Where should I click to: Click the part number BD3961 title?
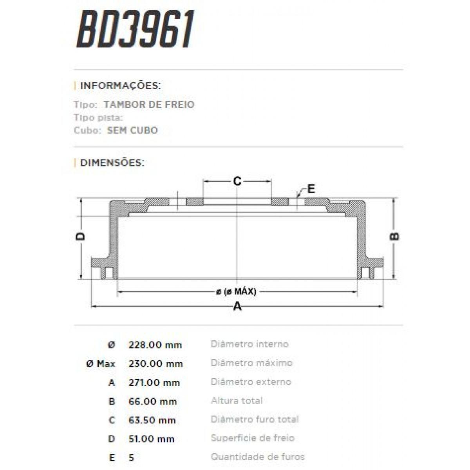tap(135, 29)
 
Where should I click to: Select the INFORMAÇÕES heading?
tap(120, 86)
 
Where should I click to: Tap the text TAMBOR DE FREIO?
tap(149, 105)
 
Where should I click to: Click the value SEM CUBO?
tap(132, 130)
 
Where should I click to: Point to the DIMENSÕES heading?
tap(112, 163)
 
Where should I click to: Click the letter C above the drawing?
tap(237, 181)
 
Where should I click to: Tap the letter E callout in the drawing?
tap(311, 189)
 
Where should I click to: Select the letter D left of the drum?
tap(80, 236)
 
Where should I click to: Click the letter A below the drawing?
tap(237, 306)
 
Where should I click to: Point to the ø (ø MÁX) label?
tap(236, 292)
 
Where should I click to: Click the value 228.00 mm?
tap(155, 345)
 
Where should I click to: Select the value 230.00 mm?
tap(155, 364)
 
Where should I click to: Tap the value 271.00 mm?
tap(154, 383)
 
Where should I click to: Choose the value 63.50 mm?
tap(152, 420)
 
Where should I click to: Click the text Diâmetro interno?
tap(249, 344)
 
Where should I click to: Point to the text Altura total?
tap(237, 401)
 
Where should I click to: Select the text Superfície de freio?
tap(253, 438)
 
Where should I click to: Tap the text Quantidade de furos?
tap(258, 457)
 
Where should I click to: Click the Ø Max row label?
tap(101, 364)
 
